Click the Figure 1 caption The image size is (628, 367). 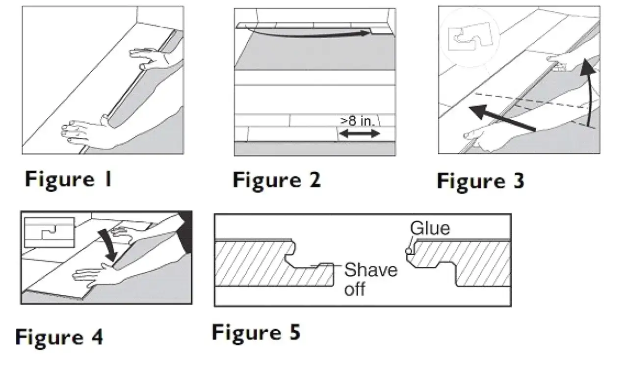point(69,179)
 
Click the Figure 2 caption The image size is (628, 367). point(277,180)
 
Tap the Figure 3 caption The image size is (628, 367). point(480,182)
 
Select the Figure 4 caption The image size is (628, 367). point(59,337)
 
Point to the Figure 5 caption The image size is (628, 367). point(256,333)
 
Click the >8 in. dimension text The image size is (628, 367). point(358,121)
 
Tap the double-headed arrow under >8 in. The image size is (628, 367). point(360,134)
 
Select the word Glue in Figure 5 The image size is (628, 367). point(430,228)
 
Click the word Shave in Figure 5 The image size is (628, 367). point(370,270)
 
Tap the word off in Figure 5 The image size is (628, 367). point(355,289)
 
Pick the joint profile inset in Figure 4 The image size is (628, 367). point(50,233)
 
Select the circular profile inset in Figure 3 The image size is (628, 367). point(470,38)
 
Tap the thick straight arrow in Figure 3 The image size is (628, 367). point(502,118)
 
